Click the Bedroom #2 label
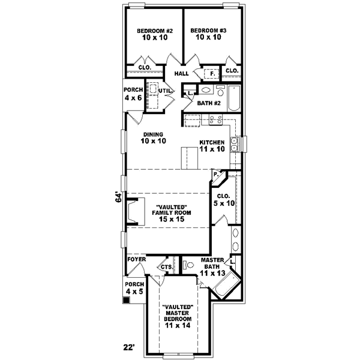(154, 34)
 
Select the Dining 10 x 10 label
(154, 137)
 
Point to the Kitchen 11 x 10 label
(212, 145)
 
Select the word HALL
(181, 74)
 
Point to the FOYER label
(136, 260)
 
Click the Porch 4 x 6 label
(133, 94)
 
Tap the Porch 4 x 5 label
(134, 288)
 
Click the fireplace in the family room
(136, 212)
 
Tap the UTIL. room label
(166, 91)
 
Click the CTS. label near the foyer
(166, 267)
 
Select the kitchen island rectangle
(188, 157)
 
